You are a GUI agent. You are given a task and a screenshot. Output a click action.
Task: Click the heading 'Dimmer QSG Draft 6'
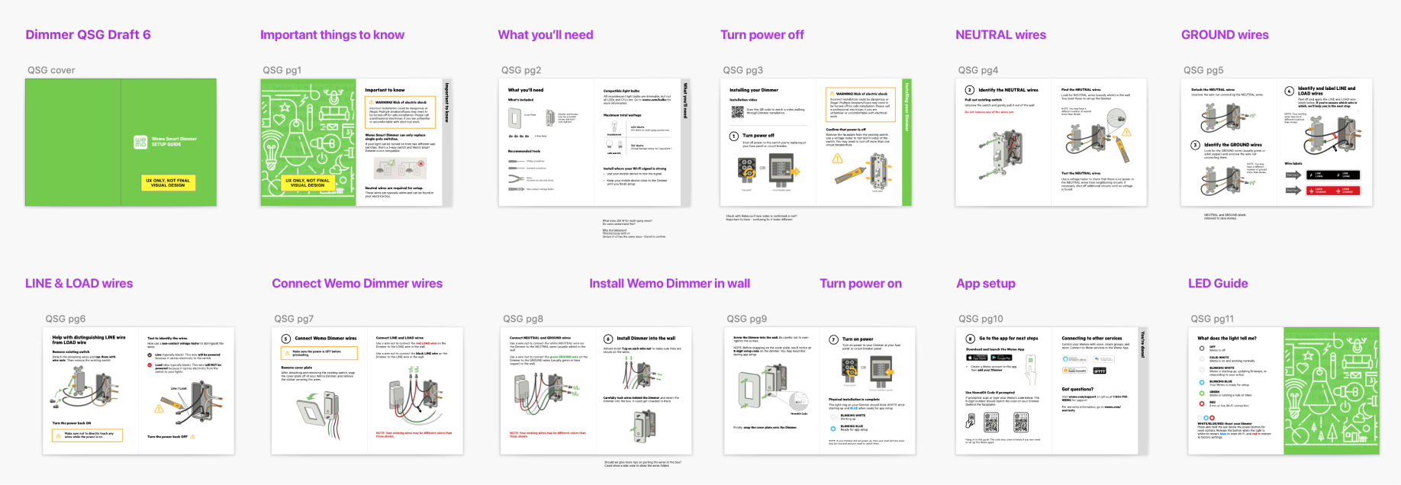(88, 35)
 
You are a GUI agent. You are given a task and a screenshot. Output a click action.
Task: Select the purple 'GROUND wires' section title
(1224, 35)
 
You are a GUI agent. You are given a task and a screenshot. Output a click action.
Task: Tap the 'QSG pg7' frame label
(293, 319)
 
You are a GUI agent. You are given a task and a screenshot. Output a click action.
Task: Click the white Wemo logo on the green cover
(140, 142)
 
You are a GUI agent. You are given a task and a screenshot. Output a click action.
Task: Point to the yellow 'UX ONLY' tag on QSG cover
(168, 183)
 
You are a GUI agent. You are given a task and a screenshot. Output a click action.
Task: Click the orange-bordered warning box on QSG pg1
(400, 112)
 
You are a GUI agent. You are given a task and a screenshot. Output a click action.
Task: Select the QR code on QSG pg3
(737, 112)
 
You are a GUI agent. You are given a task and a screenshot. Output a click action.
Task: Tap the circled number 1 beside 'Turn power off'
(733, 137)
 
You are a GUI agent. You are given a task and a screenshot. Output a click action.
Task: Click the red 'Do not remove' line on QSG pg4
(990, 112)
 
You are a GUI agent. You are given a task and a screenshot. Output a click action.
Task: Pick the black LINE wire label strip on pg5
(1332, 175)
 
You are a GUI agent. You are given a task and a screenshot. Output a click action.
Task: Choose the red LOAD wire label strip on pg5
(1332, 191)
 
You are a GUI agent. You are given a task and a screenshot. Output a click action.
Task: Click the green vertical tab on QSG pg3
(907, 142)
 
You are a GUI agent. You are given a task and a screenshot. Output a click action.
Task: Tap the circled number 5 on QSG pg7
(286, 339)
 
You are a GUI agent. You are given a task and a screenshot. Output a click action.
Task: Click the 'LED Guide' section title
(1217, 284)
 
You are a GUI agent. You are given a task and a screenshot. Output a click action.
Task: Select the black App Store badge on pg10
(977, 358)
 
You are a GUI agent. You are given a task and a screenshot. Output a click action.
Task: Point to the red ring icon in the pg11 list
(1202, 403)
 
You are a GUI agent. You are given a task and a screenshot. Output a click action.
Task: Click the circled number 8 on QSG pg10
(970, 339)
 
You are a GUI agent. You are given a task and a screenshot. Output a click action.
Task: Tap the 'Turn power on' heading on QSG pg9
(858, 339)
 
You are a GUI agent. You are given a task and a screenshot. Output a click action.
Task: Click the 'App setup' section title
(985, 284)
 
